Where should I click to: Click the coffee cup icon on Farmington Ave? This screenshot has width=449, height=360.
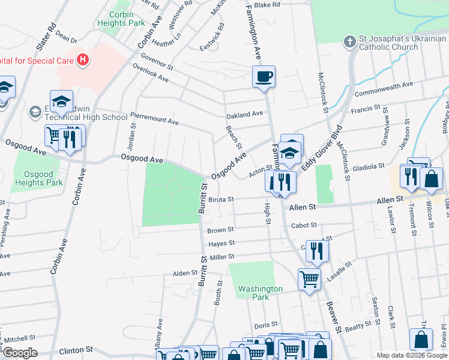(264, 77)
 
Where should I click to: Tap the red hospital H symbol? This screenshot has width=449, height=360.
(83, 61)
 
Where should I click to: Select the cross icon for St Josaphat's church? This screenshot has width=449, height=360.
(349, 41)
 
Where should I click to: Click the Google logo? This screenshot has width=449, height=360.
(20, 353)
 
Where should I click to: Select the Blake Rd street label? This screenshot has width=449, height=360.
(267, 5)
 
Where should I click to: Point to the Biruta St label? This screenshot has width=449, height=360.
(221, 199)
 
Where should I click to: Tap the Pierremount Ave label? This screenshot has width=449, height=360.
(154, 121)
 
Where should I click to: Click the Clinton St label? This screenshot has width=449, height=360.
(76, 349)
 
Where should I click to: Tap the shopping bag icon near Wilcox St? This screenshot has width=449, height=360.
(432, 178)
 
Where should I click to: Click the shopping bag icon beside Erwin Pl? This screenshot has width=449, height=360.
(421, 338)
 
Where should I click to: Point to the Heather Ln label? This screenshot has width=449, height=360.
(166, 43)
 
